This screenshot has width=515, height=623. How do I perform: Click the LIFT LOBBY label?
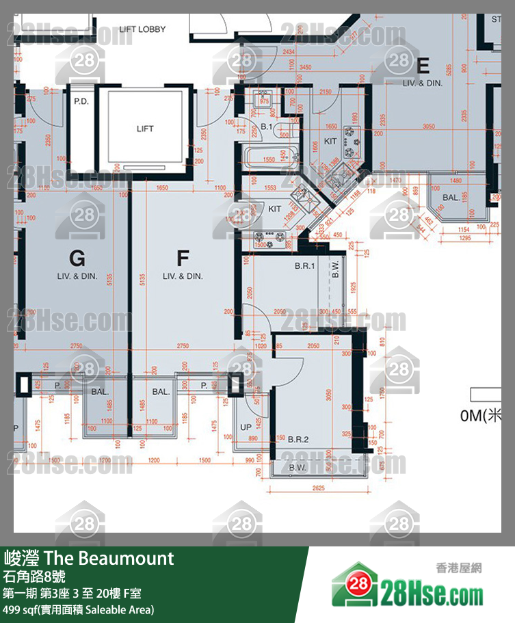[x=142, y=29]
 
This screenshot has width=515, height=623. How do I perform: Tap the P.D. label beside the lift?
[x=81, y=101]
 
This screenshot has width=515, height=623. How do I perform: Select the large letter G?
[x=77, y=259]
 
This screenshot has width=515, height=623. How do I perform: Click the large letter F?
[x=183, y=259]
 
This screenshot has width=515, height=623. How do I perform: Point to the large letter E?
[x=423, y=66]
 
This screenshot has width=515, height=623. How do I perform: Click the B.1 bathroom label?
[x=267, y=128]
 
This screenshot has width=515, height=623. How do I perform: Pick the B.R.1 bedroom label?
[x=304, y=267]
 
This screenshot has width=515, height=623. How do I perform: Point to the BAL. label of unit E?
[x=451, y=197]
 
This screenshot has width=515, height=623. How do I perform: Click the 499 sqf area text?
[x=79, y=609]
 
